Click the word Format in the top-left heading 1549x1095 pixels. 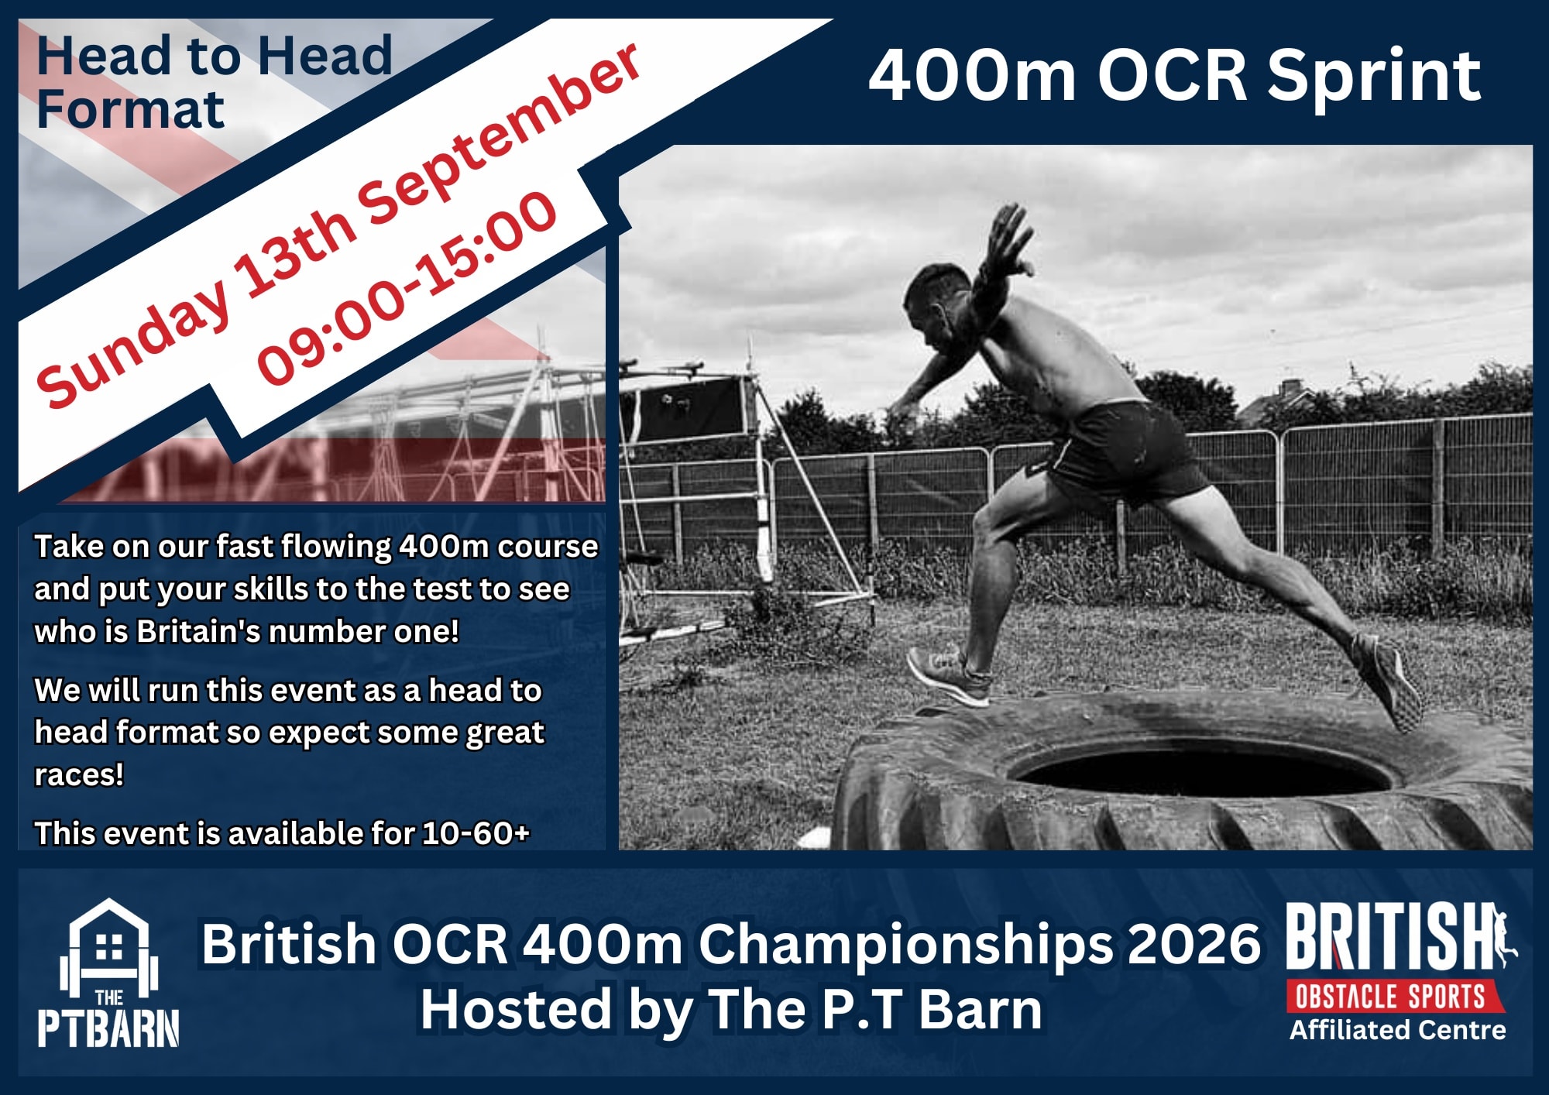point(130,110)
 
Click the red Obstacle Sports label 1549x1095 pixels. point(1392,997)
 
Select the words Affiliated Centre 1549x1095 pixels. point(1397,1031)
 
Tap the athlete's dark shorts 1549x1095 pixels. point(1123,449)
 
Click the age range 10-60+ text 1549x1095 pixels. point(476,834)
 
